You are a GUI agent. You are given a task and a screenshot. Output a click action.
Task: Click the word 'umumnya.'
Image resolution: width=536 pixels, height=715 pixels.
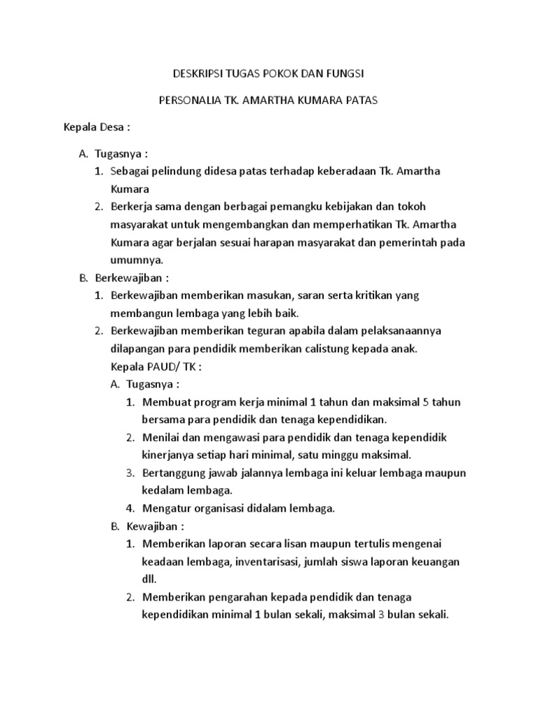[137, 260]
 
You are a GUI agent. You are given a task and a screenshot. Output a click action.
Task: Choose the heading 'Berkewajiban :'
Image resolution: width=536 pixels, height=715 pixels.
[132, 278]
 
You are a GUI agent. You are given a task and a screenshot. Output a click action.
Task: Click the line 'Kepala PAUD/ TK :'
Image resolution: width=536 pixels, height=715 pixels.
[156, 366]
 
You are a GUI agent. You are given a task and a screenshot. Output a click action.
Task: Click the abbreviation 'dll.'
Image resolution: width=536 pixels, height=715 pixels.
[150, 580]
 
